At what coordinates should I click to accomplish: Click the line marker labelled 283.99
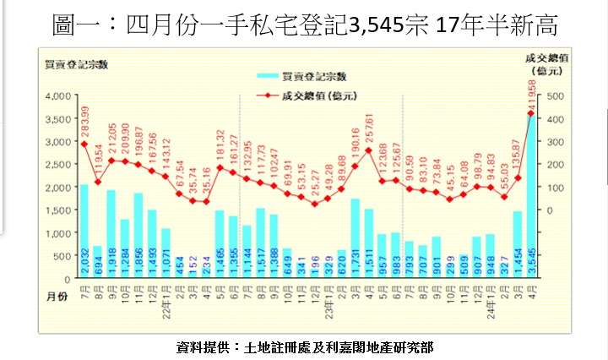tap(84, 144)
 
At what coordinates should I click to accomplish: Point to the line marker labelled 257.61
tap(368, 150)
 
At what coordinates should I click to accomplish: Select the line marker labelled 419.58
tap(531, 113)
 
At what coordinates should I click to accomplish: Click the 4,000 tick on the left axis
tap(57, 96)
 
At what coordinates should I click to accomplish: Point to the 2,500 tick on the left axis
tap(57, 165)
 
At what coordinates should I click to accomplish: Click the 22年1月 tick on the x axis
tap(165, 297)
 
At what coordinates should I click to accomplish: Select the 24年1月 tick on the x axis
tap(490, 297)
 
